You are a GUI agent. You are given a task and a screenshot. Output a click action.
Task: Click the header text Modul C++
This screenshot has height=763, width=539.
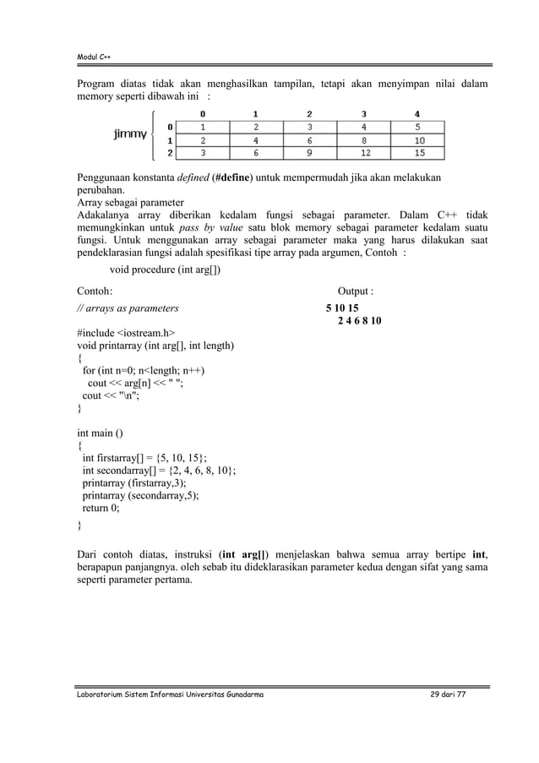[95, 57]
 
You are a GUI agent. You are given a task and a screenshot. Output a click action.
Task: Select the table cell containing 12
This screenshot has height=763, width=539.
[364, 153]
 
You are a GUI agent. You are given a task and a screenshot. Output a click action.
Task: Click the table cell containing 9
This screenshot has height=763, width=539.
[309, 153]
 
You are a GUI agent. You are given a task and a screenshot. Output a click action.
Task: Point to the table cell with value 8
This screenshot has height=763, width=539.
[364, 140]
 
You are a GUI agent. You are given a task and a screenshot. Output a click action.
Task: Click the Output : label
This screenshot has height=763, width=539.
[356, 292]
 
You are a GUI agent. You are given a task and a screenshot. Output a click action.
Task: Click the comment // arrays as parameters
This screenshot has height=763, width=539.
[128, 308]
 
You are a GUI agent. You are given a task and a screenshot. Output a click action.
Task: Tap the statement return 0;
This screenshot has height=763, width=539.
[101, 509]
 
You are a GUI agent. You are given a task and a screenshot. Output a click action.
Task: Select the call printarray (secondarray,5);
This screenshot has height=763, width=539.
[140, 496]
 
